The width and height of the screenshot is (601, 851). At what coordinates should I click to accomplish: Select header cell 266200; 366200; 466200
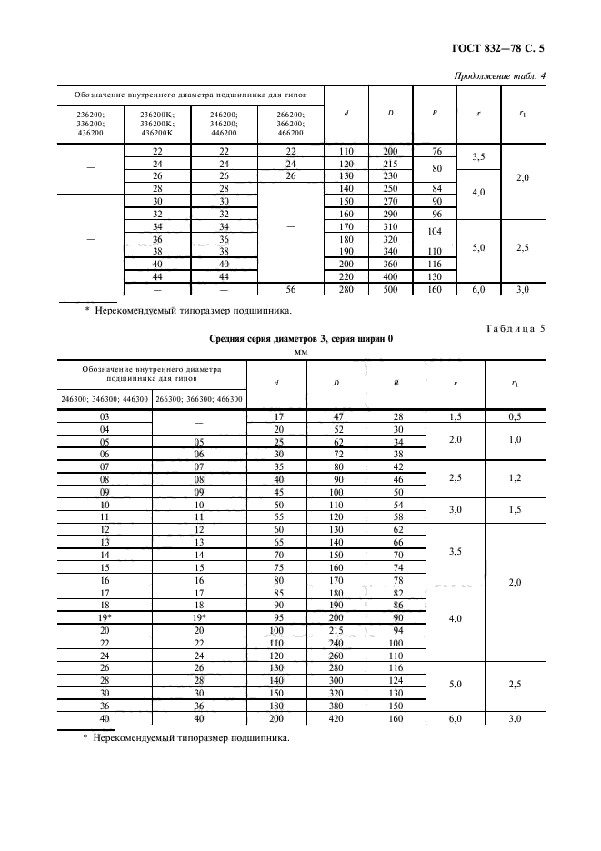[290, 123]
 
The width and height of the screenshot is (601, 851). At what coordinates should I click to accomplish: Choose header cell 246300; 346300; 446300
[104, 398]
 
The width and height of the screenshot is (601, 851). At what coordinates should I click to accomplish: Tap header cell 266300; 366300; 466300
[199, 398]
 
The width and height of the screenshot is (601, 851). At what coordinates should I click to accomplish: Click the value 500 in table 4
[390, 289]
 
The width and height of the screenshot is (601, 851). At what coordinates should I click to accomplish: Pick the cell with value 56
[290, 289]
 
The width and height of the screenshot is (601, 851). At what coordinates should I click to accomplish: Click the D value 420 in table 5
[336, 718]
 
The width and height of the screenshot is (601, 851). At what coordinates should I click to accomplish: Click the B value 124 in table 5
[396, 679]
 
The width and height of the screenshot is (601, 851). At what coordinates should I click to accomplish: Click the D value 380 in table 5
[336, 705]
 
